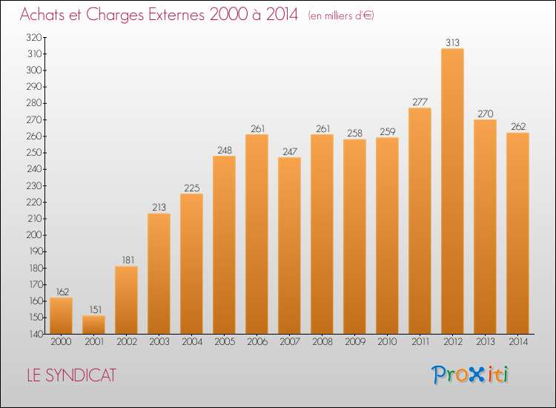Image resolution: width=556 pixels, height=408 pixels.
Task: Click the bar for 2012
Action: pos(452,191)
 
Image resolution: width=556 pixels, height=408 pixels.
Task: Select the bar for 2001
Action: pos(93,325)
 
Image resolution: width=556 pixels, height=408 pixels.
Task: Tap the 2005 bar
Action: pos(224,245)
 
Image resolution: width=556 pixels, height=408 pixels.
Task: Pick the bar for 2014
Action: pos(517,233)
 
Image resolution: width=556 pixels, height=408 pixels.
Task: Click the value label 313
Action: pos(452,42)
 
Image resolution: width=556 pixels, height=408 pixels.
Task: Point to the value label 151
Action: pos(96,310)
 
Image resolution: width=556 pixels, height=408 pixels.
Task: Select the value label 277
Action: pos(420,102)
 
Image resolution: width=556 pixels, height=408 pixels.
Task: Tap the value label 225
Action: pos(192,188)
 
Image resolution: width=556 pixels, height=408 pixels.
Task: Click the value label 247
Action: pos(290,152)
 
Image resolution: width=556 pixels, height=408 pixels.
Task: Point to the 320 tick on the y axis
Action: pos(34,37)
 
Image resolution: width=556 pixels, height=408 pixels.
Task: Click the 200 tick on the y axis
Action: pos(34,235)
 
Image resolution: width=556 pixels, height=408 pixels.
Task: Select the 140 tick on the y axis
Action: pos(35,334)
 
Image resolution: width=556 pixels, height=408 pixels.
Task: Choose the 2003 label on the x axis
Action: pos(159,342)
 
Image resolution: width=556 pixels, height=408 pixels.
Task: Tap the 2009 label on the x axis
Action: pos(355,342)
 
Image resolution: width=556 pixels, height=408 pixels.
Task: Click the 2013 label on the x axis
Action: pos(485,342)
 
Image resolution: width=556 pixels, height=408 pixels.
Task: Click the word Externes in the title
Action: pos(176,15)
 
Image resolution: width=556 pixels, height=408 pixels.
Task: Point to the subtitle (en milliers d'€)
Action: pos(341,16)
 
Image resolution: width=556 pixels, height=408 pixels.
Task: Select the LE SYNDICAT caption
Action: pos(72,375)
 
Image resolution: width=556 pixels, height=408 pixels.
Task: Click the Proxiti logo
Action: pos(470,375)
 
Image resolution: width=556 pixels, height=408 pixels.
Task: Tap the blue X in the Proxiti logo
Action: pos(476,375)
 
